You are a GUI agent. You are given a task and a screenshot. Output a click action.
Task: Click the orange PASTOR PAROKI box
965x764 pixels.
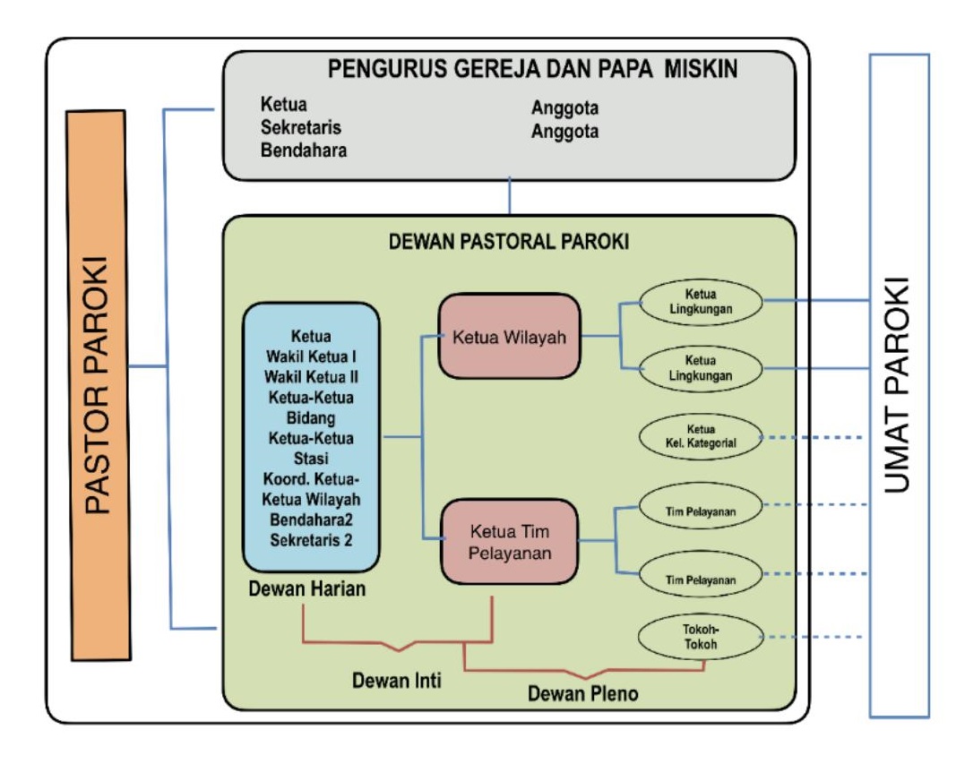tap(99, 385)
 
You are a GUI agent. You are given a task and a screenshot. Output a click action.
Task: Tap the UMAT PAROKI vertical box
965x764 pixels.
tap(899, 385)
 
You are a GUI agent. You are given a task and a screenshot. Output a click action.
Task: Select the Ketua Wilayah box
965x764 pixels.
tap(509, 338)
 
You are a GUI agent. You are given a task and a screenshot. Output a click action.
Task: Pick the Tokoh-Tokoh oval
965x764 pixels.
tap(700, 637)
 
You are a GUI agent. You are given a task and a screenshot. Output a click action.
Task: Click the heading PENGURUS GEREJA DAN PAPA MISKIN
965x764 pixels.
tap(508, 70)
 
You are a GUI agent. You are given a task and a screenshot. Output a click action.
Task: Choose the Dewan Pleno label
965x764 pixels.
tap(582, 693)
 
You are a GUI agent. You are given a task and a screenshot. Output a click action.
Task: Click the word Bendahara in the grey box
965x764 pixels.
tap(304, 150)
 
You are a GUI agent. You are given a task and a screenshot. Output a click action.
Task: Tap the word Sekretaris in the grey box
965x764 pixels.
tap(301, 128)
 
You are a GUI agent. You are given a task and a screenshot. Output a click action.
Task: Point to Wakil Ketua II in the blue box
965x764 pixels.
tap(312, 375)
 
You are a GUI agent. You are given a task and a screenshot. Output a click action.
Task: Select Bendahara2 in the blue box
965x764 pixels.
tap(312, 519)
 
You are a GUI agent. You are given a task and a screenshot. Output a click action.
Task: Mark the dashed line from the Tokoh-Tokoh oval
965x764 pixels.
tap(815, 638)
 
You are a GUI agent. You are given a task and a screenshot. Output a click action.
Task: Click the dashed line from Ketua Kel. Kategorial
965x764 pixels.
tap(815, 438)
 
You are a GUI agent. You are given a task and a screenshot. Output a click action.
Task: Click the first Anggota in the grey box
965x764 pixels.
tap(564, 109)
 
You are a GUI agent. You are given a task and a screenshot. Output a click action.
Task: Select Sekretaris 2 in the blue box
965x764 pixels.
tap(312, 538)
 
